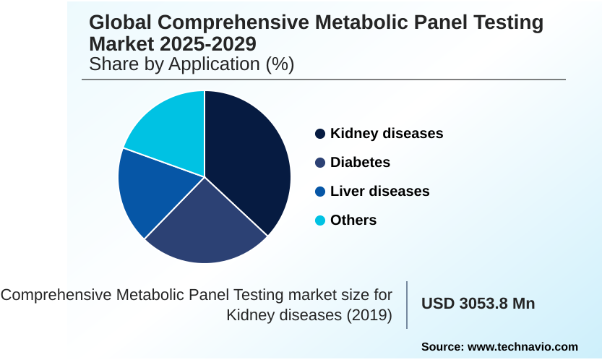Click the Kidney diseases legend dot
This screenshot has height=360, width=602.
[320, 134]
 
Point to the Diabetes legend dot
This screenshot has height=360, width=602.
[320, 163]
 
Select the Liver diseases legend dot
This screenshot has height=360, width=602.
[320, 192]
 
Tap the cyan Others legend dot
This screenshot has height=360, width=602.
[320, 220]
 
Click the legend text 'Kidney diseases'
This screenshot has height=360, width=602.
[387, 134]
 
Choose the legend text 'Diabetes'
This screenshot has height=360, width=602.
[360, 163]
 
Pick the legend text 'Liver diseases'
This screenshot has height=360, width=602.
[379, 192]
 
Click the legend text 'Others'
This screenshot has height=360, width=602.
[353, 220]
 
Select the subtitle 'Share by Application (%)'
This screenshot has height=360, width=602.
[192, 64]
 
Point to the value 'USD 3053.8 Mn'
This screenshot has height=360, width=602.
[478, 304]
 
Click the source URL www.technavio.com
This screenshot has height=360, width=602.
[524, 347]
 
